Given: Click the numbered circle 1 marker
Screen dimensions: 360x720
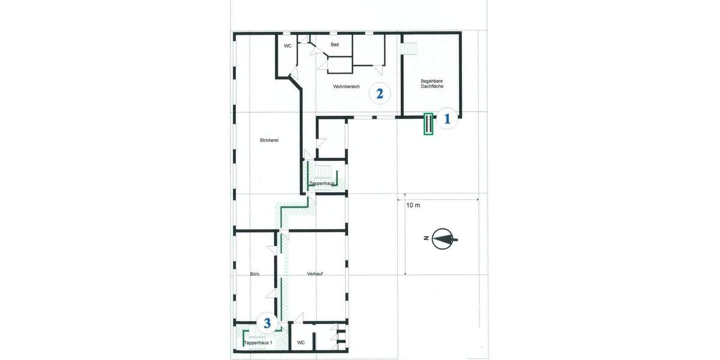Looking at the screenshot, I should click(446, 119).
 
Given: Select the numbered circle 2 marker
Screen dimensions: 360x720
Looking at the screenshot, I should click(379, 93).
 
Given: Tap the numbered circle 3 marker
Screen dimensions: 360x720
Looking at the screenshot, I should click(268, 323).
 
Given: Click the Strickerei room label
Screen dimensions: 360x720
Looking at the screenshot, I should click(269, 140).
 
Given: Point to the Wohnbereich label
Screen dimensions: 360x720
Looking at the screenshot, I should click(346, 87).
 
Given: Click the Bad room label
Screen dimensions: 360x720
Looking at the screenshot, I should click(335, 45).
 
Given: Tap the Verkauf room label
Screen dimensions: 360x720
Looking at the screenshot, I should click(316, 274).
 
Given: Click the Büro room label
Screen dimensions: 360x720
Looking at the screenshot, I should click(254, 274).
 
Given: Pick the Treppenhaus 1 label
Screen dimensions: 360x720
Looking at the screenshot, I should click(258, 343).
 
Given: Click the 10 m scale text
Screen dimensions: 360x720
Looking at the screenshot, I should click(413, 205).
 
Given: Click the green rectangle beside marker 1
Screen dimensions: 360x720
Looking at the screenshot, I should click(428, 124).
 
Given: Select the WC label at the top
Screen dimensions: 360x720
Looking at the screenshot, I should click(287, 46).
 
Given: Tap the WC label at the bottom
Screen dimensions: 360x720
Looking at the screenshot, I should click(301, 343).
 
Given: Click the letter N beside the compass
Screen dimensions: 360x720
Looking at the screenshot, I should click(425, 239).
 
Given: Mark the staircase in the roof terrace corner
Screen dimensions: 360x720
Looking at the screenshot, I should click(410, 46).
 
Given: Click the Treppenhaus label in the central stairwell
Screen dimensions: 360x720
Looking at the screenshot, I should click(322, 183).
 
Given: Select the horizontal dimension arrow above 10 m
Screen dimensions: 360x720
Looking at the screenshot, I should click(442, 199).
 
